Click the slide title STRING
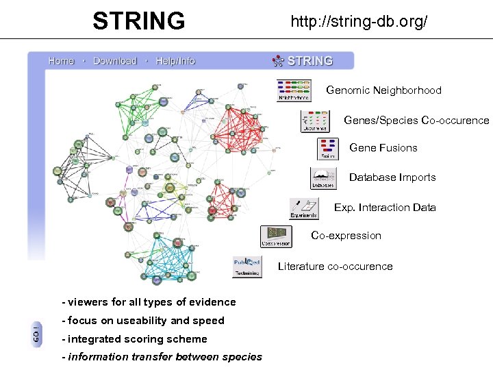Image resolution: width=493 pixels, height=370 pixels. (x=139, y=21)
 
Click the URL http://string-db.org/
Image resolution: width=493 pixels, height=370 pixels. (x=359, y=21)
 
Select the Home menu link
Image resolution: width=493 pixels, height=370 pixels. (x=61, y=61)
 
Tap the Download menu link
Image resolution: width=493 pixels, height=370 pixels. (x=114, y=61)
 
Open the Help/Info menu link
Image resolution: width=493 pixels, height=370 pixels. (x=175, y=61)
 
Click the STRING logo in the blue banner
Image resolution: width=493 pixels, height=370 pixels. (x=303, y=61)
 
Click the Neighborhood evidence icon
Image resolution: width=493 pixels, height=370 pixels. (x=294, y=90)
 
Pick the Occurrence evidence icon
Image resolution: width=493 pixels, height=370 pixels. (x=315, y=121)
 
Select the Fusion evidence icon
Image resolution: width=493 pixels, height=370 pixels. (x=327, y=149)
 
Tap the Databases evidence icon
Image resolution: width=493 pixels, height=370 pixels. (x=323, y=178)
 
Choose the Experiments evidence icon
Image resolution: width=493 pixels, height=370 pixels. (x=304, y=208)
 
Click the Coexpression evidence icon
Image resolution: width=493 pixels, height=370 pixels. (x=276, y=236)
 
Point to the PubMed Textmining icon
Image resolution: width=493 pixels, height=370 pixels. (x=246, y=267)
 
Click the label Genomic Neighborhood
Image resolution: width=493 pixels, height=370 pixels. (x=383, y=90)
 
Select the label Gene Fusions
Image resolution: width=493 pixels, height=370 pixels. (x=383, y=148)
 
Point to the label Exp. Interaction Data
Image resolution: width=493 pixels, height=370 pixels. (x=385, y=208)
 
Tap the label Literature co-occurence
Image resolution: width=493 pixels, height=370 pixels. (x=335, y=267)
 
